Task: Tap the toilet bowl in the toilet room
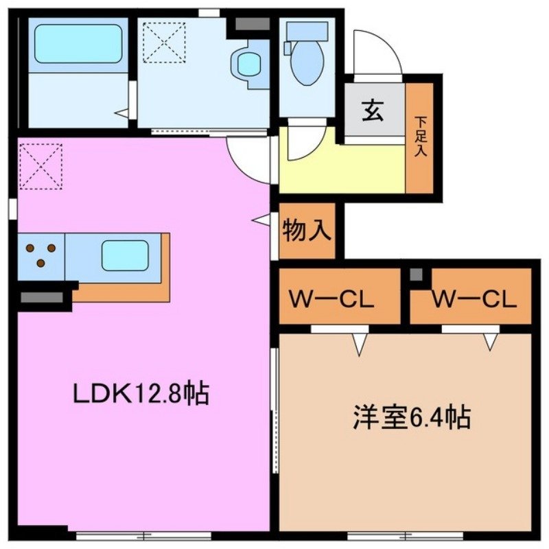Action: [307, 65]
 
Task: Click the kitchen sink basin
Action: [125, 255]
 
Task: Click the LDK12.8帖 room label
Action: [141, 395]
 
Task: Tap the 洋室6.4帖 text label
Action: [412, 417]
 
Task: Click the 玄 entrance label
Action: [373, 110]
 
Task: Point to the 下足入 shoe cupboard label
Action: [419, 137]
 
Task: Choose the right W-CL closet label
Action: [474, 300]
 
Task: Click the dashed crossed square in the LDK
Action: [40, 166]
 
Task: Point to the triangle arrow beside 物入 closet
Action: [261, 220]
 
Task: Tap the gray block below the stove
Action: [43, 297]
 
